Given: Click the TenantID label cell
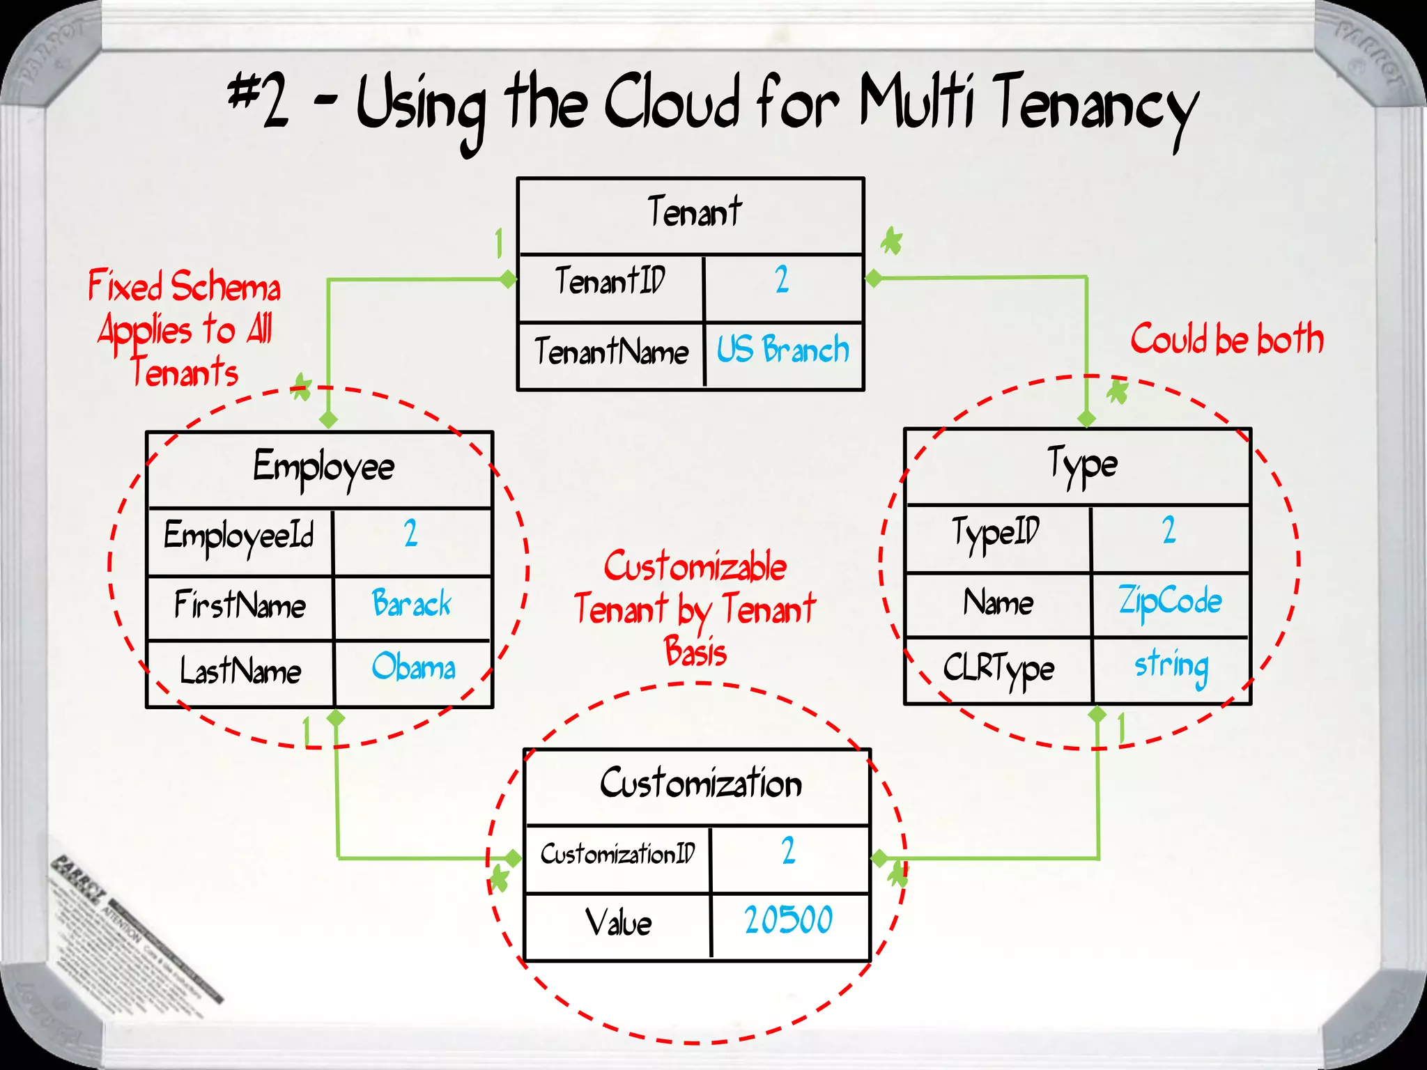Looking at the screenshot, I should tap(611, 281).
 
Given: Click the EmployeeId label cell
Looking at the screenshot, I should tap(239, 536).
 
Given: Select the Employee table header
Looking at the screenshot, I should tap(323, 467).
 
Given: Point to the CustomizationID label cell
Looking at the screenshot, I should tap(617, 854).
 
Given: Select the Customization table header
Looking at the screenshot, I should tap(700, 784).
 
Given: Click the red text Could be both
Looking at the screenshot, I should tap(1226, 339).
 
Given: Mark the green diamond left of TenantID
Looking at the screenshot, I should tap(508, 279).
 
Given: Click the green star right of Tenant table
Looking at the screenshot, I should tap(891, 242).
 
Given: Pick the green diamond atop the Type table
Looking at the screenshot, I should tap(1086, 419).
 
